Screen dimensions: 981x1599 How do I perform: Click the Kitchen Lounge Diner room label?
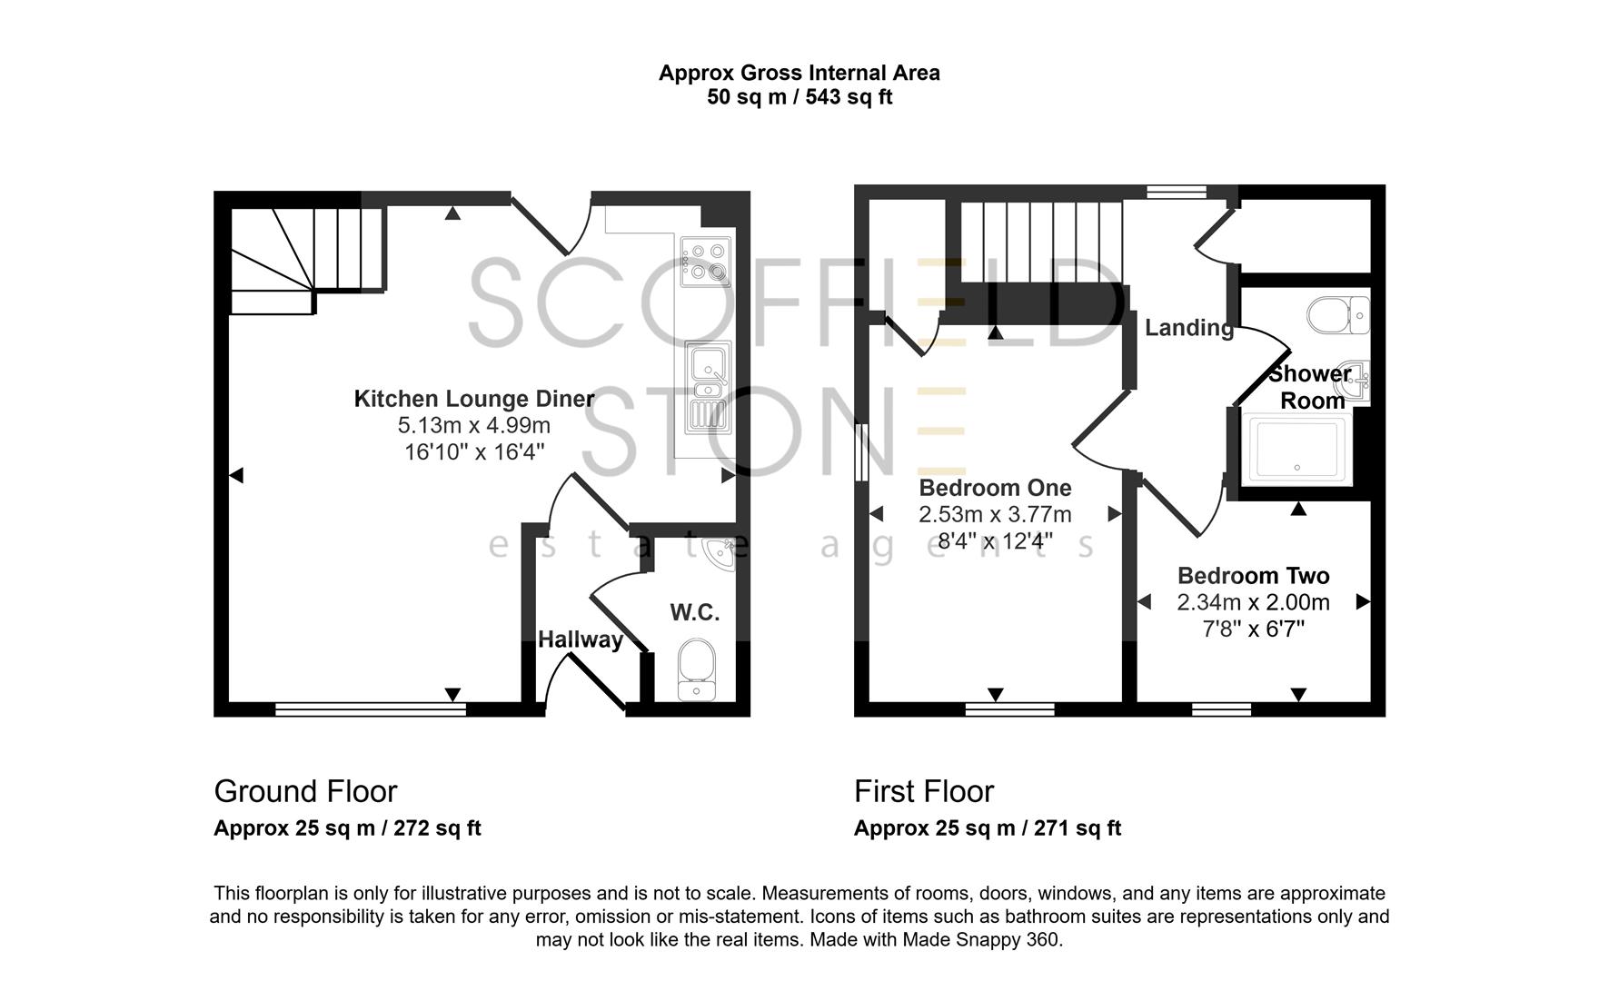[473, 399]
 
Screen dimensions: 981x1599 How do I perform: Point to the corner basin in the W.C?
[724, 551]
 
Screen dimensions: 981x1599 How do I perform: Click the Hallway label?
[580, 639]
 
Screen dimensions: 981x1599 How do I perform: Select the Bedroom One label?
[995, 488]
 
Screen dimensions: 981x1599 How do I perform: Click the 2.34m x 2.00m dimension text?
[1253, 602]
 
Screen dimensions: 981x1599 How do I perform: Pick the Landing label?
[1188, 328]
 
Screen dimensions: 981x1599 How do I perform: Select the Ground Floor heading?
[305, 791]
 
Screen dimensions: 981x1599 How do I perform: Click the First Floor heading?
[924, 791]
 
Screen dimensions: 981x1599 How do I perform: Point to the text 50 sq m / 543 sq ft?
[799, 97]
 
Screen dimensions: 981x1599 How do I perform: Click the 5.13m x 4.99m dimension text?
[473, 425]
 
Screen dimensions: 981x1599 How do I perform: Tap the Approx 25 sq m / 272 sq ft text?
[347, 828]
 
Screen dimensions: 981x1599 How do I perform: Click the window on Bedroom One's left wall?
[860, 451]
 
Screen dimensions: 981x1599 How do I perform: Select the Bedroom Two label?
[1253, 576]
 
